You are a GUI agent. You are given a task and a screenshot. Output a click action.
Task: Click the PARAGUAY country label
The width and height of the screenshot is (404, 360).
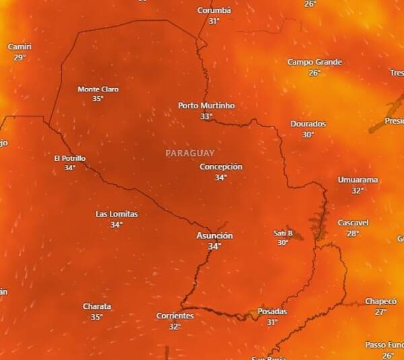(190, 153)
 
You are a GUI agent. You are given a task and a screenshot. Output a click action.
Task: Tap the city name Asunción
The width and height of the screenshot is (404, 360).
(214, 236)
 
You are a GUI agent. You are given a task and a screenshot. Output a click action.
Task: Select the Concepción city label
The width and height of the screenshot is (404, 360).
(221, 167)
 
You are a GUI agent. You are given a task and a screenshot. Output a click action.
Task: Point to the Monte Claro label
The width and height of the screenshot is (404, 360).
(98, 89)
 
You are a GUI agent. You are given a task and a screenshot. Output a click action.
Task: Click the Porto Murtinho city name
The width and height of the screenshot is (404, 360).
(206, 106)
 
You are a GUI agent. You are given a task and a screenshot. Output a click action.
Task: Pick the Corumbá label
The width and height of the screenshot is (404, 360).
(214, 10)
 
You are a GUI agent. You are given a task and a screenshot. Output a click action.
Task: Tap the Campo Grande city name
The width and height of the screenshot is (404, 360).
(314, 62)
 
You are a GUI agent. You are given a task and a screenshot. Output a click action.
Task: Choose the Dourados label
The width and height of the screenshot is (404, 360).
(308, 124)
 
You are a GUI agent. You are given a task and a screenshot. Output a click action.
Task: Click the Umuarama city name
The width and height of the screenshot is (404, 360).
(358, 180)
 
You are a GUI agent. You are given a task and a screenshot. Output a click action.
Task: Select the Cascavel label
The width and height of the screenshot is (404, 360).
(353, 223)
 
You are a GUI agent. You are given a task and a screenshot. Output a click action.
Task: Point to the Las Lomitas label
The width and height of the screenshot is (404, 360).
(116, 214)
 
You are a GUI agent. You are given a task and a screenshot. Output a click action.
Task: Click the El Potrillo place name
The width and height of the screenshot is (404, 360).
(69, 158)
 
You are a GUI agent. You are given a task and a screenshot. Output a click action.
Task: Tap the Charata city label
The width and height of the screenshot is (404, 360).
(97, 306)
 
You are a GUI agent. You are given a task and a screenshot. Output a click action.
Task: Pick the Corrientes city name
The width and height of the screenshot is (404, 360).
(175, 316)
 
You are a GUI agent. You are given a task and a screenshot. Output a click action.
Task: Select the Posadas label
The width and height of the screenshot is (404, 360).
(272, 312)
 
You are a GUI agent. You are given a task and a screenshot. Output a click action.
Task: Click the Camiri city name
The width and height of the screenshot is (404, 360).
(19, 46)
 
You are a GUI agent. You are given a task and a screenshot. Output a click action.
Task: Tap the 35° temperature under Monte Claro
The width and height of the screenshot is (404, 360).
(98, 99)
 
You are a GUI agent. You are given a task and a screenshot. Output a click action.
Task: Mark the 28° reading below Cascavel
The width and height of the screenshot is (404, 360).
(353, 233)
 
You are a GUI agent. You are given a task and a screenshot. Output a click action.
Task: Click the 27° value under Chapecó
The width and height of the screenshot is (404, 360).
(381, 312)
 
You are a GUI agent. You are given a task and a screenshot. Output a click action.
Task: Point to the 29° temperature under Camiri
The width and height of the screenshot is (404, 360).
(19, 57)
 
